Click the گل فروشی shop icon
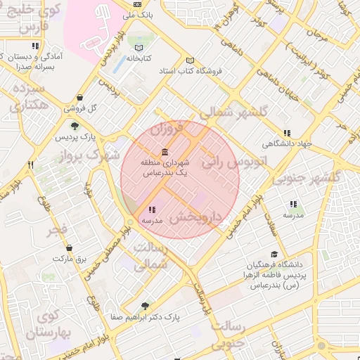pos(79,98)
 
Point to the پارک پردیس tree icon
pos(75,126)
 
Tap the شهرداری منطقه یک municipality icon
pos(165,152)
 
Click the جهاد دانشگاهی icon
pos(287,133)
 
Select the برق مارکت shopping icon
pos(69,248)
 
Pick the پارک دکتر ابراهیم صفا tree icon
pos(145,306)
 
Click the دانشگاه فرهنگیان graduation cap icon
pos(274,255)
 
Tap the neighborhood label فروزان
pos(167,130)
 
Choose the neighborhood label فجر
pos(58,230)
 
